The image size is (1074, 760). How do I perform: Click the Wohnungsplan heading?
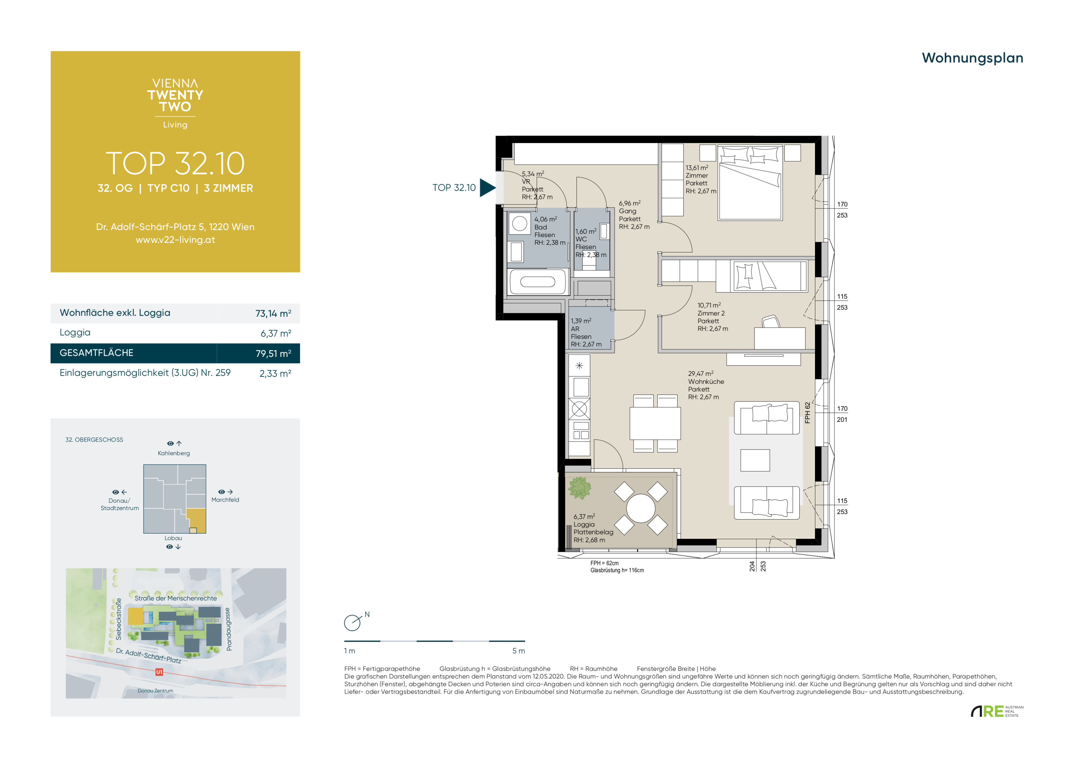point(972,58)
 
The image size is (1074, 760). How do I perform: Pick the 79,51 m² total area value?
point(273,353)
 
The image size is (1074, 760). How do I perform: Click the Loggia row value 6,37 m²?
point(276,333)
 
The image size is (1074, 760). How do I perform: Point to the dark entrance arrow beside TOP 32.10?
point(487,188)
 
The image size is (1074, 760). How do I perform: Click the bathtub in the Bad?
point(538,281)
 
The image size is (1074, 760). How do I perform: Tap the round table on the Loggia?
point(640,508)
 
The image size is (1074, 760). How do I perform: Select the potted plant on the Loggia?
point(580,488)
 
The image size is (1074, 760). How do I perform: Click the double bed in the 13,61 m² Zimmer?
point(750,182)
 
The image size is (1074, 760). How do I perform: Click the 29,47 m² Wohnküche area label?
point(706,385)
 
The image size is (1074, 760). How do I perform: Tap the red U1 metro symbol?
point(159,672)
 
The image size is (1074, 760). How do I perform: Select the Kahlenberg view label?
point(174,453)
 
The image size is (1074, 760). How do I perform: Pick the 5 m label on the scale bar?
point(519,651)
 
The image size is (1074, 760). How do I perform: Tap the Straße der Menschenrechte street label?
point(176,598)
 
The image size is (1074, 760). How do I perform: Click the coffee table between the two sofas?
point(755,460)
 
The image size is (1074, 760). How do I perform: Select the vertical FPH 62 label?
point(807,413)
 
